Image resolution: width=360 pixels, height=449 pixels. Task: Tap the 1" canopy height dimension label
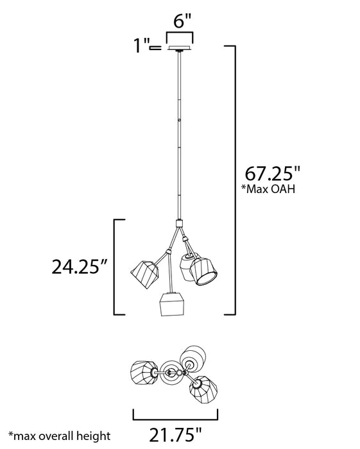pyautogui.click(x=140, y=47)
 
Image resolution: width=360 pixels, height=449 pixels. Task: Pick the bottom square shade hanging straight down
pyautogui.click(x=172, y=305)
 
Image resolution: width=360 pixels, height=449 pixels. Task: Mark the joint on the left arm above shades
pyautogui.click(x=169, y=248)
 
